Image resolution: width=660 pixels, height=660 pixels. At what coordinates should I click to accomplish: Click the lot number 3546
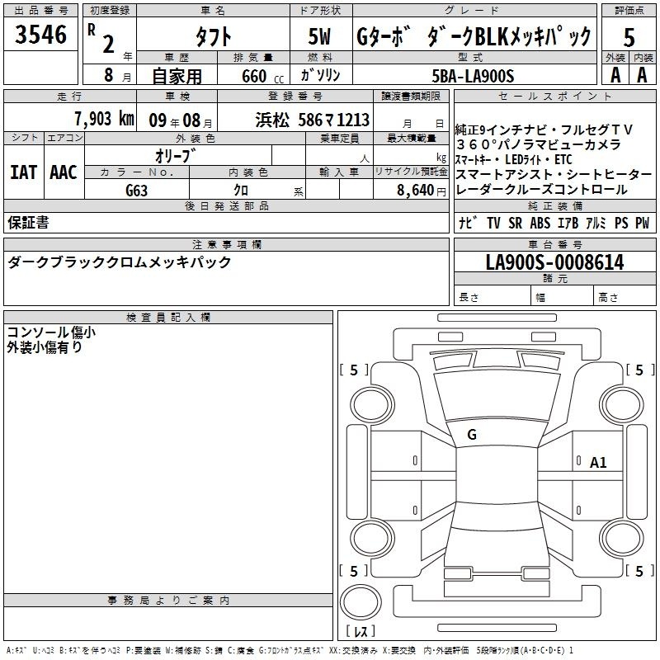[x=40, y=34]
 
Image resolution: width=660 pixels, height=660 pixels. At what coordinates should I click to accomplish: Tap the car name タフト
[x=214, y=37]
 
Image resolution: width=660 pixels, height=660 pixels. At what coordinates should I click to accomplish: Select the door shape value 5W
[x=319, y=36]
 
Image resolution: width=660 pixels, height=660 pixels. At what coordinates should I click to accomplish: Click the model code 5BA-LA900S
[x=473, y=76]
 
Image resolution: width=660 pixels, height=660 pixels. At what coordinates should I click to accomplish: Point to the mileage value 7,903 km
[x=104, y=119]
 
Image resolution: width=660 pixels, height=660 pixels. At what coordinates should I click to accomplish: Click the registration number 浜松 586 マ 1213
[x=313, y=120]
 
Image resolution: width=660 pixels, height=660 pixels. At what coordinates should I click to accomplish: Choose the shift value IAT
[x=23, y=172]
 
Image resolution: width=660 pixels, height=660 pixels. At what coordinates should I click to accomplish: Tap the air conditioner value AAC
[x=64, y=172]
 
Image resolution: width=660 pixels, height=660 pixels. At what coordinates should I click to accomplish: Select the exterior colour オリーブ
[x=176, y=156]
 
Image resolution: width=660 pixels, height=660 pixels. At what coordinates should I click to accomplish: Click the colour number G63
[x=137, y=191]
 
